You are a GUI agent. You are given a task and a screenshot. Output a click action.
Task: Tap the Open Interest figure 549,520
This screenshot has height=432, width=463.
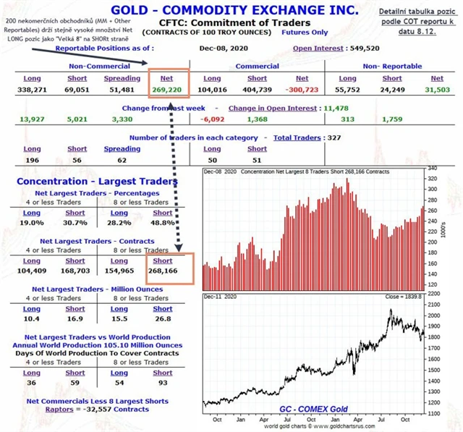pyautogui.click(x=361, y=48)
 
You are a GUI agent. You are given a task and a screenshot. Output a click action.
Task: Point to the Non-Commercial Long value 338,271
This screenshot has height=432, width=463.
pyautogui.click(x=31, y=90)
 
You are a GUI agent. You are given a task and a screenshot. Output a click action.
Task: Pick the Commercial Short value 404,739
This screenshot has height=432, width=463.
pyautogui.click(x=257, y=90)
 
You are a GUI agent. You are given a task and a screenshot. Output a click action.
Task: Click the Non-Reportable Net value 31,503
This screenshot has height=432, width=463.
pyautogui.click(x=437, y=90)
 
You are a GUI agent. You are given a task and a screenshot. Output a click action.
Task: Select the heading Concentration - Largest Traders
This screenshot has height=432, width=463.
pyautogui.click(x=96, y=181)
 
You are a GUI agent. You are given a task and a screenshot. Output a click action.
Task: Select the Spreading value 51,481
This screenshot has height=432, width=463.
pyautogui.click(x=122, y=90)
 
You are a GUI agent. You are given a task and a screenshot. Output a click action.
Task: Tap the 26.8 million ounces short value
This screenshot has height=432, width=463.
pyautogui.click(x=163, y=319)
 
